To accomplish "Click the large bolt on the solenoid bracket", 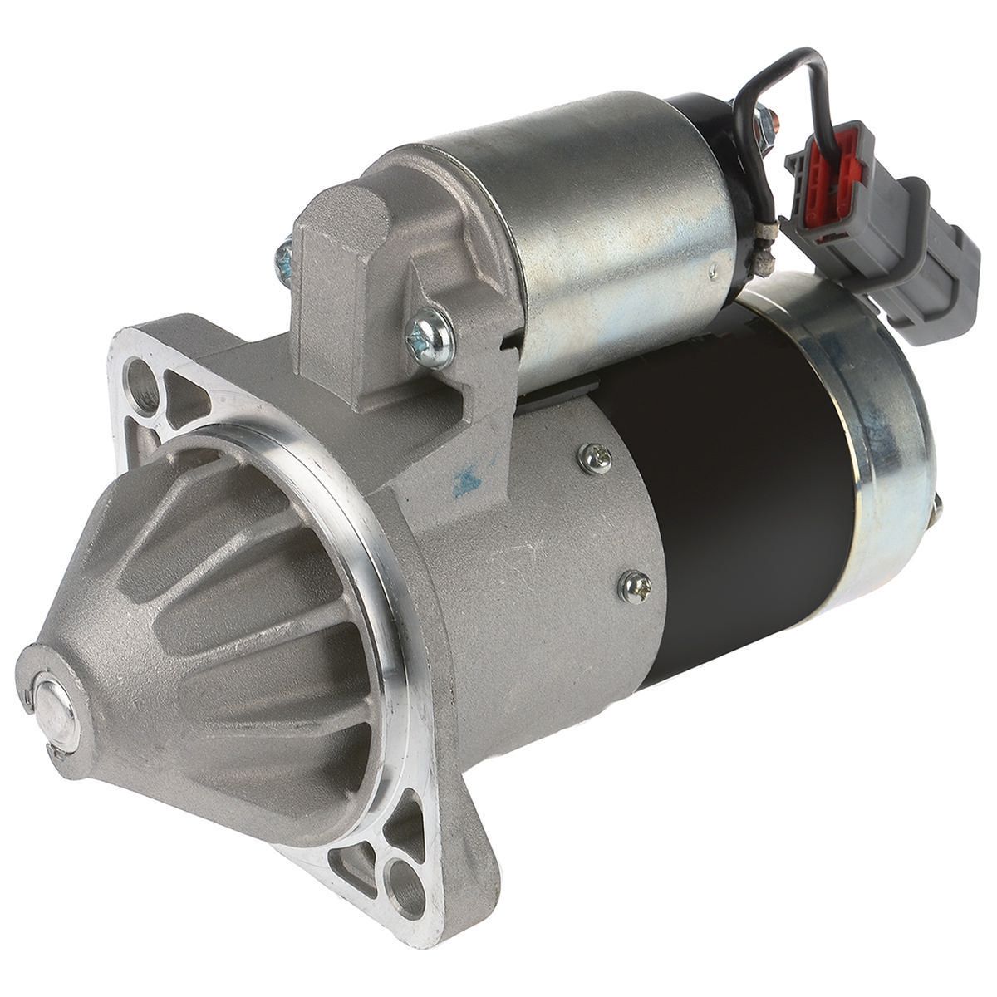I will point(430,337).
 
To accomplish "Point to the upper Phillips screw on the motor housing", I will point(597,457).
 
